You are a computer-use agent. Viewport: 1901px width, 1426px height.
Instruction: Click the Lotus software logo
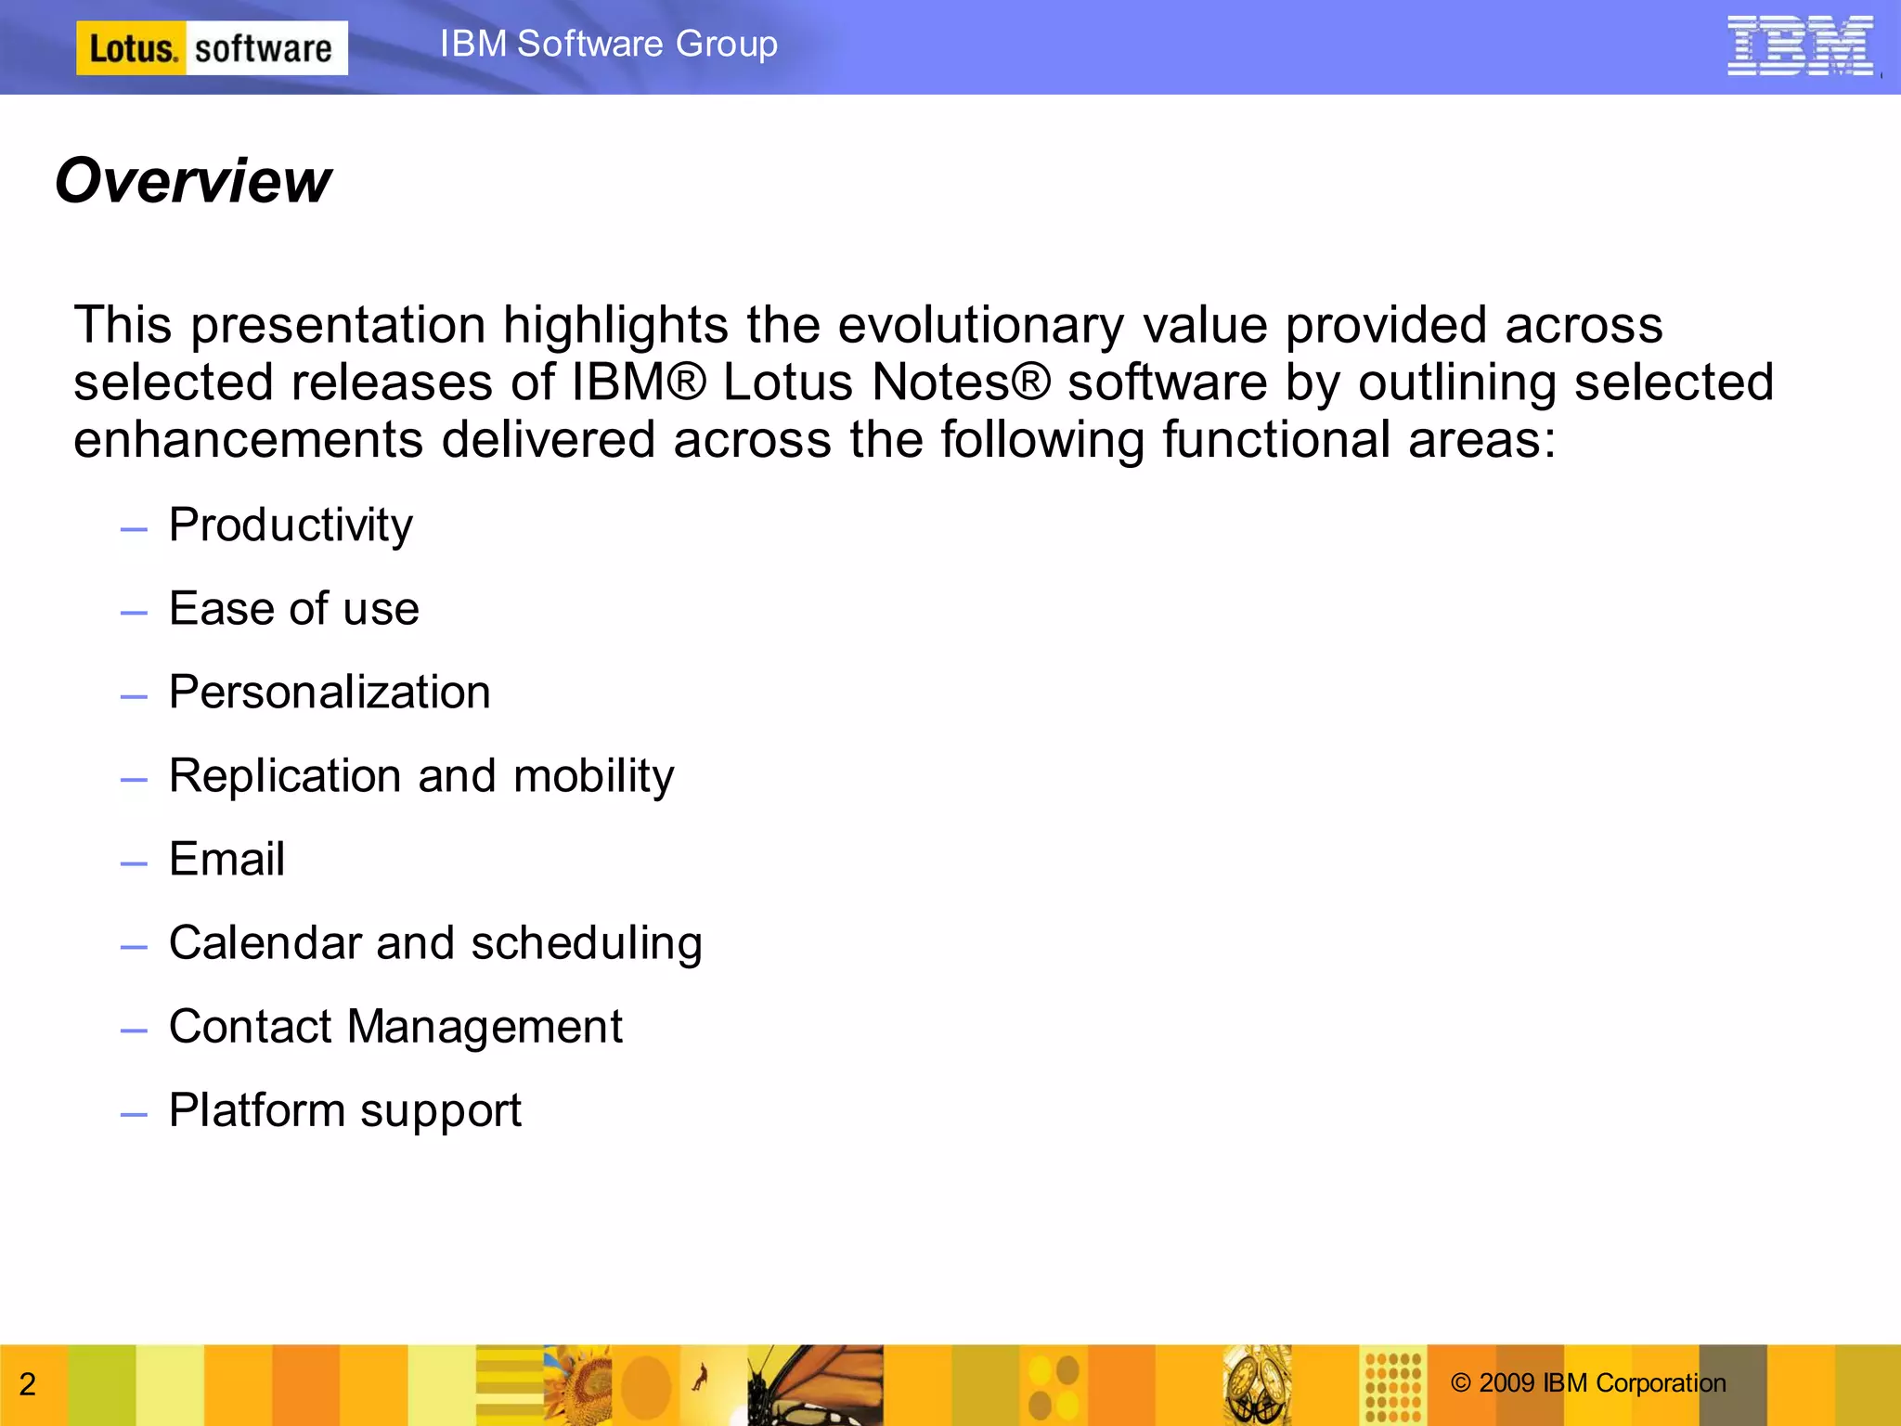[x=212, y=48]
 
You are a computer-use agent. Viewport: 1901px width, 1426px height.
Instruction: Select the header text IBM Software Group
[x=609, y=44]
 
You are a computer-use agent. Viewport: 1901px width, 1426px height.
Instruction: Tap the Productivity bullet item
[x=291, y=525]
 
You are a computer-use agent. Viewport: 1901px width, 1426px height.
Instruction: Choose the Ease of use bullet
[x=294, y=609]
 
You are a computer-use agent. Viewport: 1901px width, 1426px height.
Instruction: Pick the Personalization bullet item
[x=330, y=693]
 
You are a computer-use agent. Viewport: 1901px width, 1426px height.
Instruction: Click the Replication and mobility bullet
[x=421, y=776]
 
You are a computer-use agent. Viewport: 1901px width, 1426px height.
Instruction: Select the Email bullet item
[x=226, y=860]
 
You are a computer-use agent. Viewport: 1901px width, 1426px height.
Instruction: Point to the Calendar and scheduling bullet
[x=435, y=943]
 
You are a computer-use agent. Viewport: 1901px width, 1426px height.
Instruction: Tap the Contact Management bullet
[x=395, y=1027]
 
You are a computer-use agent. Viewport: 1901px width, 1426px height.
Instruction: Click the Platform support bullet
[x=345, y=1110]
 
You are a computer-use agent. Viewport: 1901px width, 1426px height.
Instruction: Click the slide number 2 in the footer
[x=28, y=1384]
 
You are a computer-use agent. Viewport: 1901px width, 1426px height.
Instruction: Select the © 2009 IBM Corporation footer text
[x=1588, y=1383]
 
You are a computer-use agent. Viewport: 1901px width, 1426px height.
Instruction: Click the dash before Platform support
[x=134, y=1113]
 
